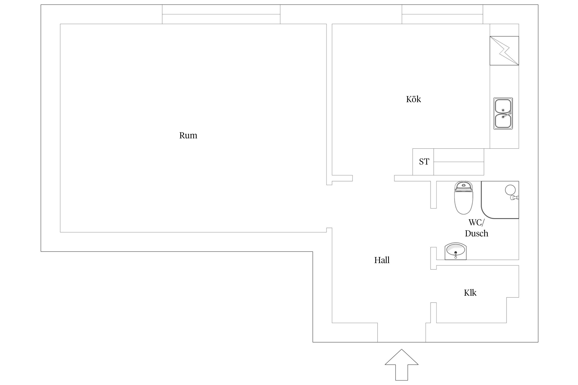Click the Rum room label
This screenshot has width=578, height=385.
pos(188,135)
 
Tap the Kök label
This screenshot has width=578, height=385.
pos(413,99)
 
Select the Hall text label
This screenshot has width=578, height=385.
pos(382,260)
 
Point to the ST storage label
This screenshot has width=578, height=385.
pos(424,162)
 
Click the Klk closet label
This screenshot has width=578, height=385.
pos(470,293)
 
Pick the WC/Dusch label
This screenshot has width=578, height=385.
pos(477,228)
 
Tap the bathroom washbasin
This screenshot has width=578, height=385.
pos(455,251)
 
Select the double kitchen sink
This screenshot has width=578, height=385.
pos(503,113)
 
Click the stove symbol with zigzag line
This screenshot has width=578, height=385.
pos(504,51)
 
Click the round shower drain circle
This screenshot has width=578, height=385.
pos(510,190)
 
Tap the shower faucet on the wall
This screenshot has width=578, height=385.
pos(514,198)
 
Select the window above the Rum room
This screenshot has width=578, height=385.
pos(221,14)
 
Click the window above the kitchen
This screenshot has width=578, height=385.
pos(442,14)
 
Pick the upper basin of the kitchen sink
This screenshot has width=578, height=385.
pos(503,106)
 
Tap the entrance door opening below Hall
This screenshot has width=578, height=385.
pos(401,332)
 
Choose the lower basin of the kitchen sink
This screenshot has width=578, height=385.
pos(503,121)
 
